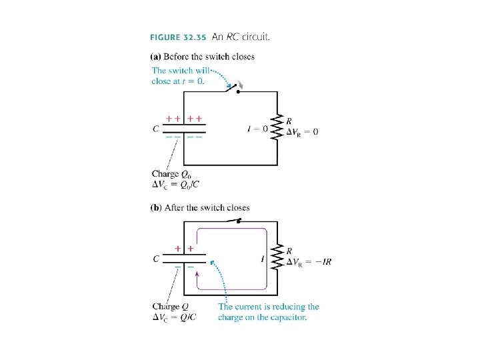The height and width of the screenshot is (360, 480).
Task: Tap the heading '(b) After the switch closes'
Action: click(x=201, y=207)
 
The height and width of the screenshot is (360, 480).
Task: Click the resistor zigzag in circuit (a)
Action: click(x=277, y=127)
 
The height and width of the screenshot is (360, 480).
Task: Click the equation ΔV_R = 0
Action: click(x=302, y=132)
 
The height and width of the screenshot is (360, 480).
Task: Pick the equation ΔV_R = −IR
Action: click(x=308, y=261)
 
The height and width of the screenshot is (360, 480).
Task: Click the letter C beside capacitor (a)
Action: click(x=155, y=129)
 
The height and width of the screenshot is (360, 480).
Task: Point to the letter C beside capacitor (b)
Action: click(x=155, y=259)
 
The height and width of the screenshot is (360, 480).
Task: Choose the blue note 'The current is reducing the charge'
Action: click(x=268, y=312)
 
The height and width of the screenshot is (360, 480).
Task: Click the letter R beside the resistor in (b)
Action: click(x=289, y=251)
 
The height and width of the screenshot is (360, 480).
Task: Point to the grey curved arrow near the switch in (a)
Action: click(x=241, y=84)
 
